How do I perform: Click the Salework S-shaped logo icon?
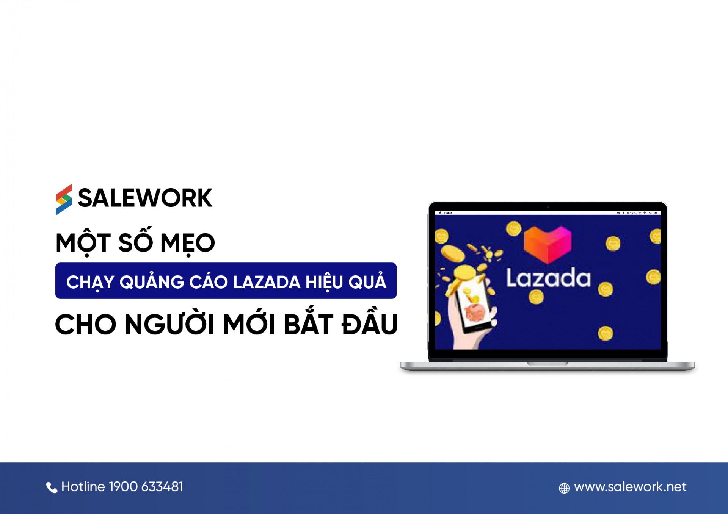coord(64,199)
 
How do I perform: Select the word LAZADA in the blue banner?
coord(267,282)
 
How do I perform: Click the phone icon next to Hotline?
coord(52,487)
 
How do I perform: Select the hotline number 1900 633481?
coord(146,487)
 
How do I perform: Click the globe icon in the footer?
coord(564,488)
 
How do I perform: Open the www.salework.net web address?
coord(630,487)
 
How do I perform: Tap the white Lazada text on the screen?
coord(548,278)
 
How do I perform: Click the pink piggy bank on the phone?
coord(474,313)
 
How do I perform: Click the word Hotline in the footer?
coord(83,487)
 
